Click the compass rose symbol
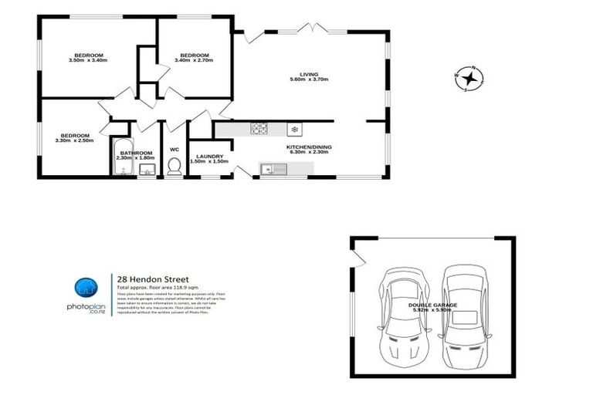(469, 78)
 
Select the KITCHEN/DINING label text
(309, 147)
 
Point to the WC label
(175, 150)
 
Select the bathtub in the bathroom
(122, 159)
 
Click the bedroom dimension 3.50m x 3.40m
(88, 61)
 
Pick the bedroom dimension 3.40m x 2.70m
(194, 61)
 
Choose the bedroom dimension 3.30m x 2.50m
(74, 140)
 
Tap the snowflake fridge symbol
(293, 129)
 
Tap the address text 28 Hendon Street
(152, 279)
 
